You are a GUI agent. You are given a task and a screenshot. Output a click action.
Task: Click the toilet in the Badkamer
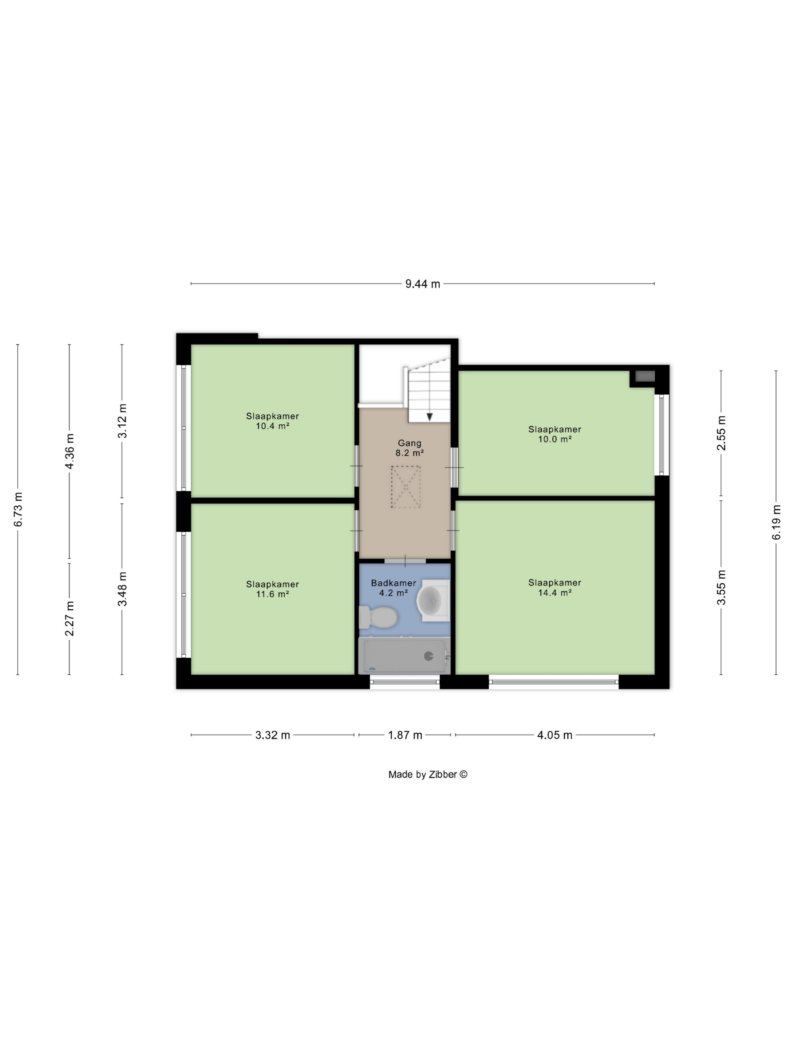[x=378, y=617]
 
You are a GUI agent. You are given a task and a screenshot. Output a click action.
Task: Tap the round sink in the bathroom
[x=433, y=600]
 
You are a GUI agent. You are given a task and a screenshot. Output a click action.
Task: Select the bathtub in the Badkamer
[x=405, y=655]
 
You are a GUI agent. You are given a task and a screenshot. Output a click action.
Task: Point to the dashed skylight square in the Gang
[x=405, y=486]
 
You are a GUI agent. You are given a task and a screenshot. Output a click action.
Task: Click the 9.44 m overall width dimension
[x=423, y=284]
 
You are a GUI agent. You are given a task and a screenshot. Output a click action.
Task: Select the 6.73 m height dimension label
[x=18, y=509]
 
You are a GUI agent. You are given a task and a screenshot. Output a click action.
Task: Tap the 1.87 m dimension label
[x=405, y=735]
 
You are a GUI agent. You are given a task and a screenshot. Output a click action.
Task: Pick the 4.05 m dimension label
[x=555, y=735]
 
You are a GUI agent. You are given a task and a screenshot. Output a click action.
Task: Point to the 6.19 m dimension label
[x=776, y=522]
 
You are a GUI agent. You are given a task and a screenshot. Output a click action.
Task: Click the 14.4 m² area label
[x=555, y=592]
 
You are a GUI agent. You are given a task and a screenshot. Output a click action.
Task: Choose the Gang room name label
[x=410, y=443]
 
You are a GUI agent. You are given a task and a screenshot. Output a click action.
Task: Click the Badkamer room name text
[x=394, y=583]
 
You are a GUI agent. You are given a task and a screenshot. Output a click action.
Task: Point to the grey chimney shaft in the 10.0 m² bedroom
[x=644, y=376]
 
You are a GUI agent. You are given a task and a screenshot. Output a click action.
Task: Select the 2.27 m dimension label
[x=70, y=618]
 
